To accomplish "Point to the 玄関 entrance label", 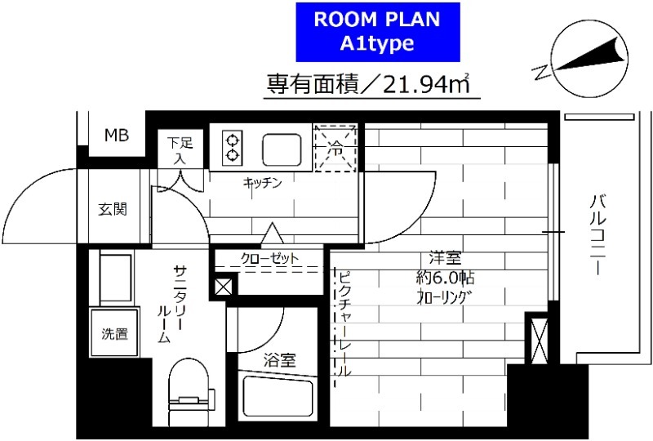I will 113,209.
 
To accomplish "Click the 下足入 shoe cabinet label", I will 180,149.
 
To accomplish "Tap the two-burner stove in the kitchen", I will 232,146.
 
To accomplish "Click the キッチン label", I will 262,183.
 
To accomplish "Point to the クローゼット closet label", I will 269,259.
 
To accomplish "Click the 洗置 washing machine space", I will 114,333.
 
